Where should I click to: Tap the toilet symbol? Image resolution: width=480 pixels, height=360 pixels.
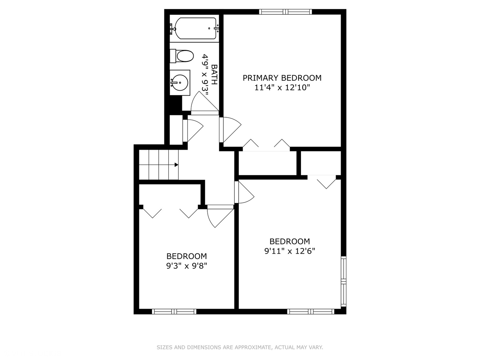coord(182,56)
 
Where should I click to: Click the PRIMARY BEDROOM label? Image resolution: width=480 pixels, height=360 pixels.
coord(282,78)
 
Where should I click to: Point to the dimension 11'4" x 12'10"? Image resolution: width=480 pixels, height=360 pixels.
coord(282,88)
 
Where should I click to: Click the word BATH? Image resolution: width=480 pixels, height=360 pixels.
coord(214,75)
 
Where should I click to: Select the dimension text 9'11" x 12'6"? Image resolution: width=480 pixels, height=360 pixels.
coord(290,251)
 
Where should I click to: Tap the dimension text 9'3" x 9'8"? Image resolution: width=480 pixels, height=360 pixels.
coord(187,266)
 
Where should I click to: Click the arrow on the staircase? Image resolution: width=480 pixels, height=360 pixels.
coord(176,165)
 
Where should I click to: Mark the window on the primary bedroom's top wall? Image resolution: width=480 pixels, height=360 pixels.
coord(286,12)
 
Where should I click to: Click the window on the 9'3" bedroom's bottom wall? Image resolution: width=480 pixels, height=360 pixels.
coord(174,312)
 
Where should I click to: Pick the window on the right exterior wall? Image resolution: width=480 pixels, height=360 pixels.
coord(343,282)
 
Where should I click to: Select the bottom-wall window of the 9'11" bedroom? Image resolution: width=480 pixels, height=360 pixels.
coord(311,312)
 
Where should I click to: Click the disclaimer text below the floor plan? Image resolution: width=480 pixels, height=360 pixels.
coord(240,347)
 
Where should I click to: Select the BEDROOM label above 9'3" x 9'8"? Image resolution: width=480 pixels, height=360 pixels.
coord(187,256)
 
